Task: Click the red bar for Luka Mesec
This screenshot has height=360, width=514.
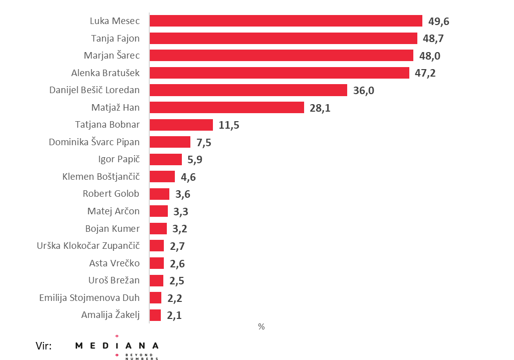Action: (x=286, y=21)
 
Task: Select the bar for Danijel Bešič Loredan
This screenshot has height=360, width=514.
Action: (x=248, y=90)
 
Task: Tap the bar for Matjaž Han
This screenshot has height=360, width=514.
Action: (x=227, y=108)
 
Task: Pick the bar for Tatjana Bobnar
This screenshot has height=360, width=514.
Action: (x=181, y=125)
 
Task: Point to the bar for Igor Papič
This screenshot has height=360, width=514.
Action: (x=166, y=159)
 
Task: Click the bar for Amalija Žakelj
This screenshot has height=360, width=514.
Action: (x=155, y=315)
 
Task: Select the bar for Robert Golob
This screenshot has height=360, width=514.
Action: (x=160, y=194)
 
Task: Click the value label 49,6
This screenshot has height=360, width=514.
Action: (x=439, y=21)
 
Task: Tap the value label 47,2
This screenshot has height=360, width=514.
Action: (x=425, y=73)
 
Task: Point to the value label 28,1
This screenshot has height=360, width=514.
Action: (x=320, y=108)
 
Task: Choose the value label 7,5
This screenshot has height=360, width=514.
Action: (x=204, y=142)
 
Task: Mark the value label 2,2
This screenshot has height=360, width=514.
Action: (x=175, y=298)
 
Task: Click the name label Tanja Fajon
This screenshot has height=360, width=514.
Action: (x=115, y=38)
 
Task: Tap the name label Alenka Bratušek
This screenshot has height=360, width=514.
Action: (x=105, y=73)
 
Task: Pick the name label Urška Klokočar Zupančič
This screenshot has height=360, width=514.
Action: (x=88, y=246)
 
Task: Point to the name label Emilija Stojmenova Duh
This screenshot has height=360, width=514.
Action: (x=89, y=298)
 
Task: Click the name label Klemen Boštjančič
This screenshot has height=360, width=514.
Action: (x=101, y=177)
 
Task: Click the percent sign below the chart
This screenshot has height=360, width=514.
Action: (x=261, y=326)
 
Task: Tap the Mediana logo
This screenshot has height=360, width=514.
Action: (x=117, y=347)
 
